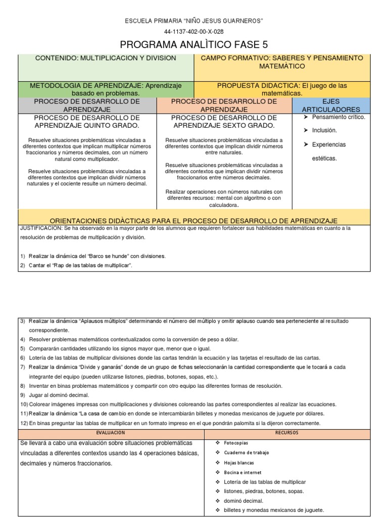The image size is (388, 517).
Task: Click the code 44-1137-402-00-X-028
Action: (194, 31)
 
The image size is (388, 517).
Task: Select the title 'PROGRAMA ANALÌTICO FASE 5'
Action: (194, 44)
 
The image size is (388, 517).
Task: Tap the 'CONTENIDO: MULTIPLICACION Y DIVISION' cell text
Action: (106, 58)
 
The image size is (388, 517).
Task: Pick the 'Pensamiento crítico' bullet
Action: (338, 117)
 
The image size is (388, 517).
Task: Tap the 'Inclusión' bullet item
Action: (324, 130)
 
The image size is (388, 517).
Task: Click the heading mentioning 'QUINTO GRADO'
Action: (87, 121)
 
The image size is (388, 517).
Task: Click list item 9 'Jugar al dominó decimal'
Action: (60, 395)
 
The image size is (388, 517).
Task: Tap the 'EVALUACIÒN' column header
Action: (111, 433)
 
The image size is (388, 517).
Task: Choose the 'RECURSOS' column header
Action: (287, 433)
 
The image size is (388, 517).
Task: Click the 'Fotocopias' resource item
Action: (235, 443)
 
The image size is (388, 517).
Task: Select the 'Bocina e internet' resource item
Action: (242, 472)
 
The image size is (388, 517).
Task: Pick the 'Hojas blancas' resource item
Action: (238, 462)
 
